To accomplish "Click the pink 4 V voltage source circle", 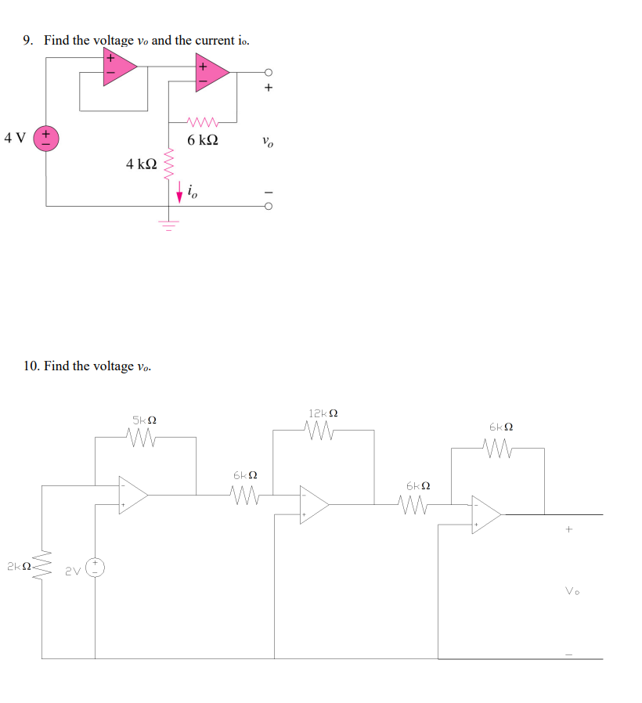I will [45, 139].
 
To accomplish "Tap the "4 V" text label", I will [15, 139].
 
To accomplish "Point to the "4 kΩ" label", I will [141, 164].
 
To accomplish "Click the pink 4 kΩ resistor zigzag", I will [166, 166].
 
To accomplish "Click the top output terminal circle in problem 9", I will [268, 72].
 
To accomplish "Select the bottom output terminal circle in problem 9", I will [268, 207].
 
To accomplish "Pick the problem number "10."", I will [31, 366].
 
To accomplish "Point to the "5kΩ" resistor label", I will [145, 420].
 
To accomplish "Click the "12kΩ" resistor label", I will [323, 413].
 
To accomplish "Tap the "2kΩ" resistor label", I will [17, 565].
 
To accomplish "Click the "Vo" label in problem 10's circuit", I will [571, 591].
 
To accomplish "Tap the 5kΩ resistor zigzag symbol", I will [146, 437].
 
